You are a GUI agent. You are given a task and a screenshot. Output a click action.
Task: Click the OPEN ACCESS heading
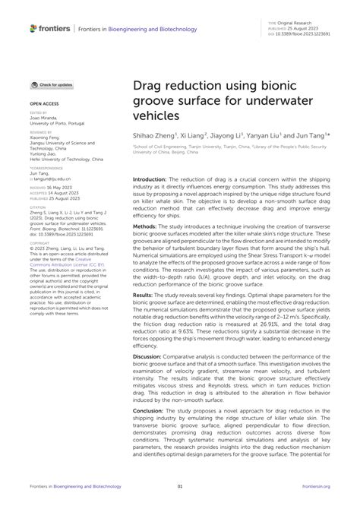[45, 101]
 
